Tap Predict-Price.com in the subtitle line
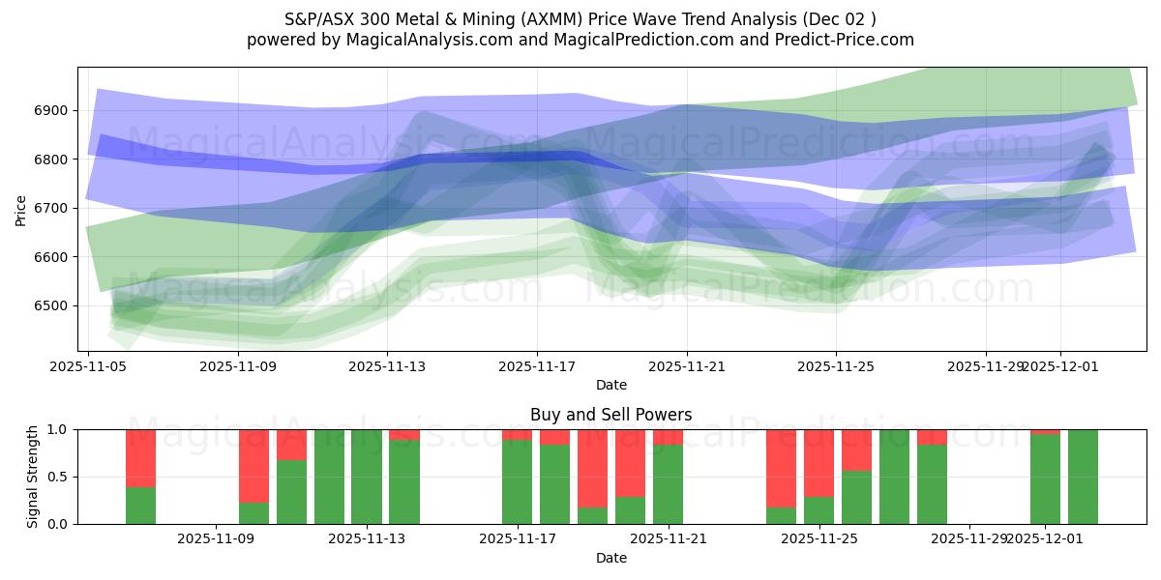833,40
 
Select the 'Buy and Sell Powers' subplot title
611,415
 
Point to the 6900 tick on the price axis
54,111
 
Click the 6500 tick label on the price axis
54,306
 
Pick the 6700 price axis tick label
54,209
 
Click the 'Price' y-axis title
21,209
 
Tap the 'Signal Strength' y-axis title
32,477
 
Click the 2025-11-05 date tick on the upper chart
88,367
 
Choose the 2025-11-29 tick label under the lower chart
969,538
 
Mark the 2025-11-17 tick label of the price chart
537,367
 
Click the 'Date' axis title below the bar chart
611,558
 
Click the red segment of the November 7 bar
140,458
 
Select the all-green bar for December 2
1083,477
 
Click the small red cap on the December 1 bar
1045,432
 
